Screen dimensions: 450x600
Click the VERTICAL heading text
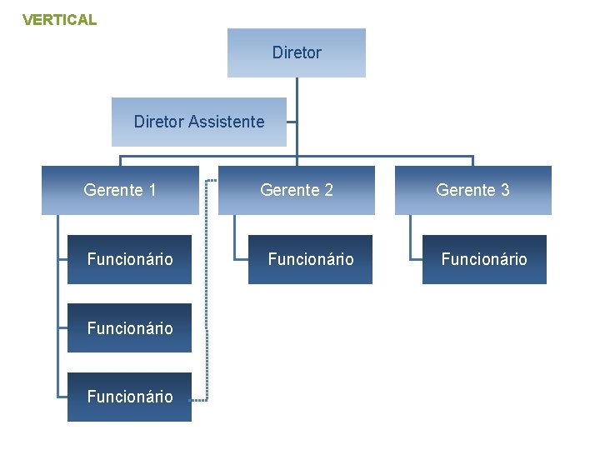click(59, 19)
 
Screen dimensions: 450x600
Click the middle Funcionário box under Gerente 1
click(129, 328)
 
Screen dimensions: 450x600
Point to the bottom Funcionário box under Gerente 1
click(129, 397)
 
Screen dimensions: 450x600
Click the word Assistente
click(226, 122)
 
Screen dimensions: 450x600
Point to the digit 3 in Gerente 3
click(505, 190)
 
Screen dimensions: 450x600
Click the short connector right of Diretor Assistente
click(292, 122)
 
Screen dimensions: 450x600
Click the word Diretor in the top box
click(297, 52)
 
